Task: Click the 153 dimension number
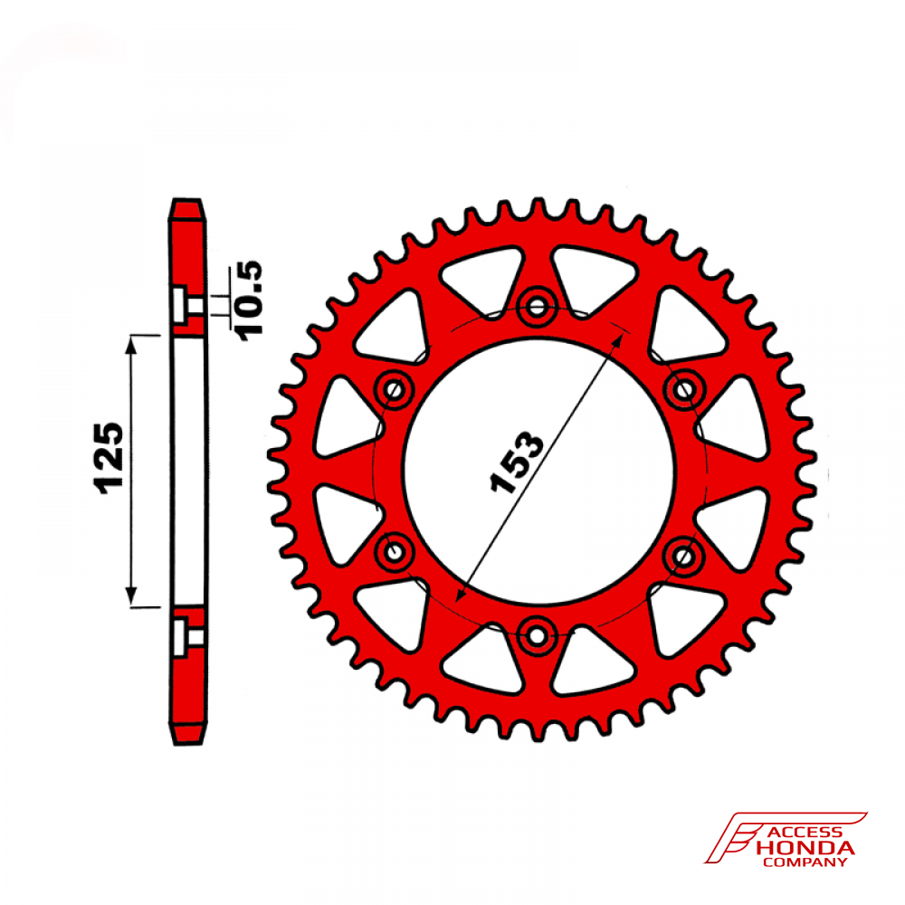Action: click(517, 462)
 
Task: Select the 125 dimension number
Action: click(108, 458)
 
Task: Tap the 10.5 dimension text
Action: click(249, 300)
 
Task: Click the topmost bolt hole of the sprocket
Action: click(538, 306)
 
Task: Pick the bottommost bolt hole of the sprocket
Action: click(538, 636)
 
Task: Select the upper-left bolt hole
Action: click(395, 389)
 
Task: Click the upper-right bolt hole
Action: click(684, 389)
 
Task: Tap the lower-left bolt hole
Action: click(395, 552)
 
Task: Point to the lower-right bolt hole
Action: click(684, 556)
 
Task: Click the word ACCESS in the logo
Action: click(805, 833)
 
